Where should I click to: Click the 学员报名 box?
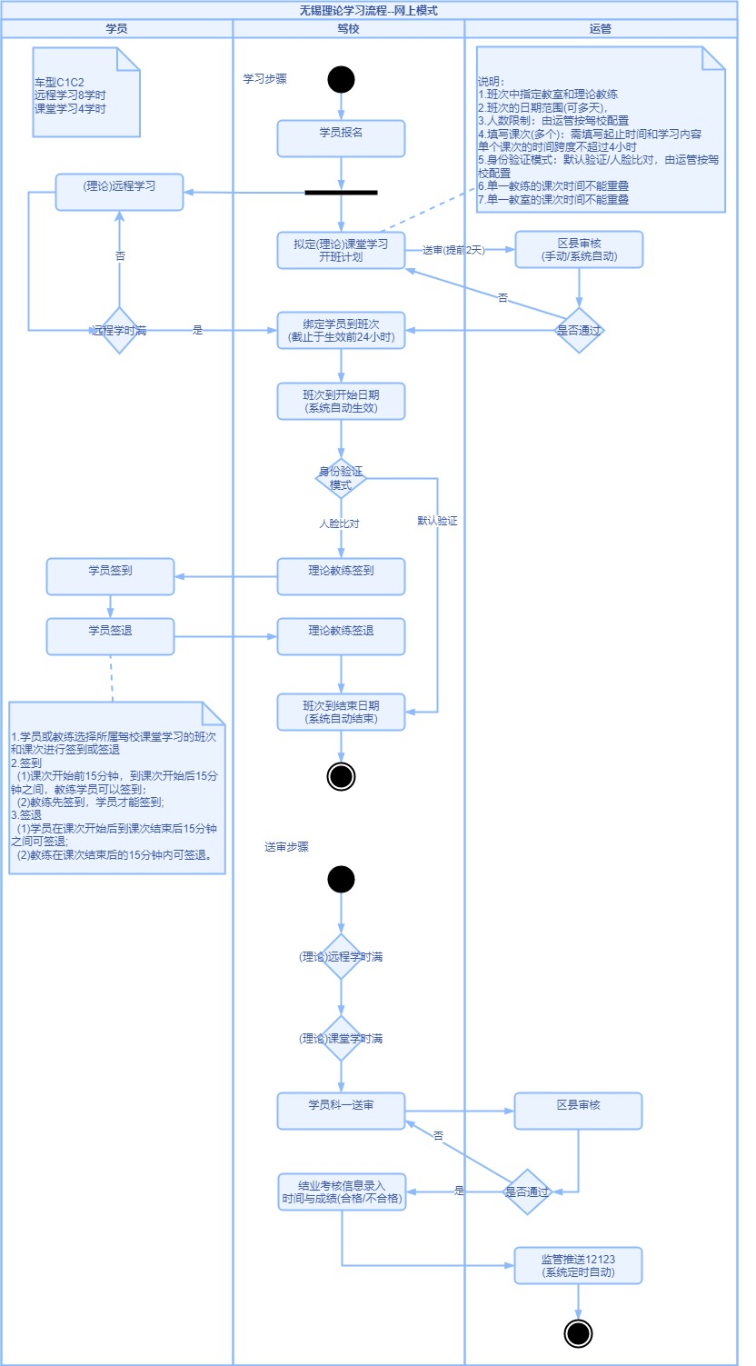pos(341,139)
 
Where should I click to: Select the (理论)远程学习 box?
pos(119,192)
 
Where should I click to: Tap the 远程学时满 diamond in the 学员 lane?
pos(119,330)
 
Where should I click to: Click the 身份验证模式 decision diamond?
pos(341,478)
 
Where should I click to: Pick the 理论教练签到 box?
pos(341,577)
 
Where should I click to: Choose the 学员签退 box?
pos(110,636)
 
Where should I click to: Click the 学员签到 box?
pos(110,577)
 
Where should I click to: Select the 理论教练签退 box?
pos(341,636)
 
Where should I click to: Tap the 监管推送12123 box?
pos(578,1265)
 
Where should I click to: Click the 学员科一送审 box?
pos(341,1111)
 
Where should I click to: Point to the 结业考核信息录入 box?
pos(342,1192)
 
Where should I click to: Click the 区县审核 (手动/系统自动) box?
pos(579,249)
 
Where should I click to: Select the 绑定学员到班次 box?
pos(341,330)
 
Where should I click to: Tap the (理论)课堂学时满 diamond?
pos(342,1038)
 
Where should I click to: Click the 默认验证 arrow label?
pos(437,522)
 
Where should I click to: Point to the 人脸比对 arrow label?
pos(339,524)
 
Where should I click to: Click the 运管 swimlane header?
pos(600,29)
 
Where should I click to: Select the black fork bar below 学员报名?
pos(341,193)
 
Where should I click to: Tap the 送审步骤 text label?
pos(287,847)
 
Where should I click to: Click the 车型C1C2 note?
pos(85,92)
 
